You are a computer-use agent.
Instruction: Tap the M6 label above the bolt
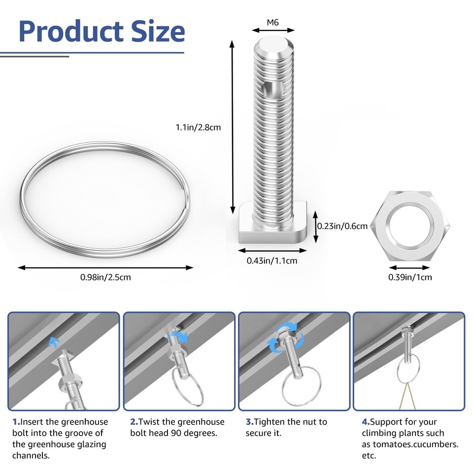coord(272,22)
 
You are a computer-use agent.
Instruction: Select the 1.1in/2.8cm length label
coord(198,127)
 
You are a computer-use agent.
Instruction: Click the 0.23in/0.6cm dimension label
coord(342,226)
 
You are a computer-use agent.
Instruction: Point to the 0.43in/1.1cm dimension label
coord(272,261)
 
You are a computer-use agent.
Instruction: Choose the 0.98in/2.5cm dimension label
coord(105,277)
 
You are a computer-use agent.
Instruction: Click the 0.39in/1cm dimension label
coord(410,277)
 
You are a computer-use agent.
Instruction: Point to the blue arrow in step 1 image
coord(54,342)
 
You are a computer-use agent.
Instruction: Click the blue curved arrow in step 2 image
coord(181,337)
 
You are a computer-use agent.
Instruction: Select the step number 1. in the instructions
coord(16,422)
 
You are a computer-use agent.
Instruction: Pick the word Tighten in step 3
coord(270,422)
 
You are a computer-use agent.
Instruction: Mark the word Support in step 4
coord(386,422)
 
